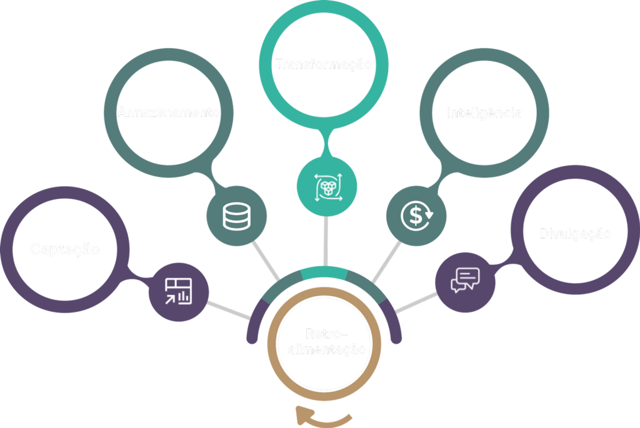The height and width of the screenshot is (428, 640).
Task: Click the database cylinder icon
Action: pyautogui.click(x=236, y=216)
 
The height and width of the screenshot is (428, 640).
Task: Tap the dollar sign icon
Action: pyautogui.click(x=416, y=215)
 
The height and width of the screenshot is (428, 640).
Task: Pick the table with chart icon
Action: pyautogui.click(x=178, y=291)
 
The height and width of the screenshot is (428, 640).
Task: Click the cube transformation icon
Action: pyautogui.click(x=326, y=186)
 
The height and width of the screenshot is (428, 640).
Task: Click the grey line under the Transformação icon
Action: pyautogui.click(x=326, y=241)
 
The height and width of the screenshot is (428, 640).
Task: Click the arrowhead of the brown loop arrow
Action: pyautogui.click(x=301, y=413)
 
